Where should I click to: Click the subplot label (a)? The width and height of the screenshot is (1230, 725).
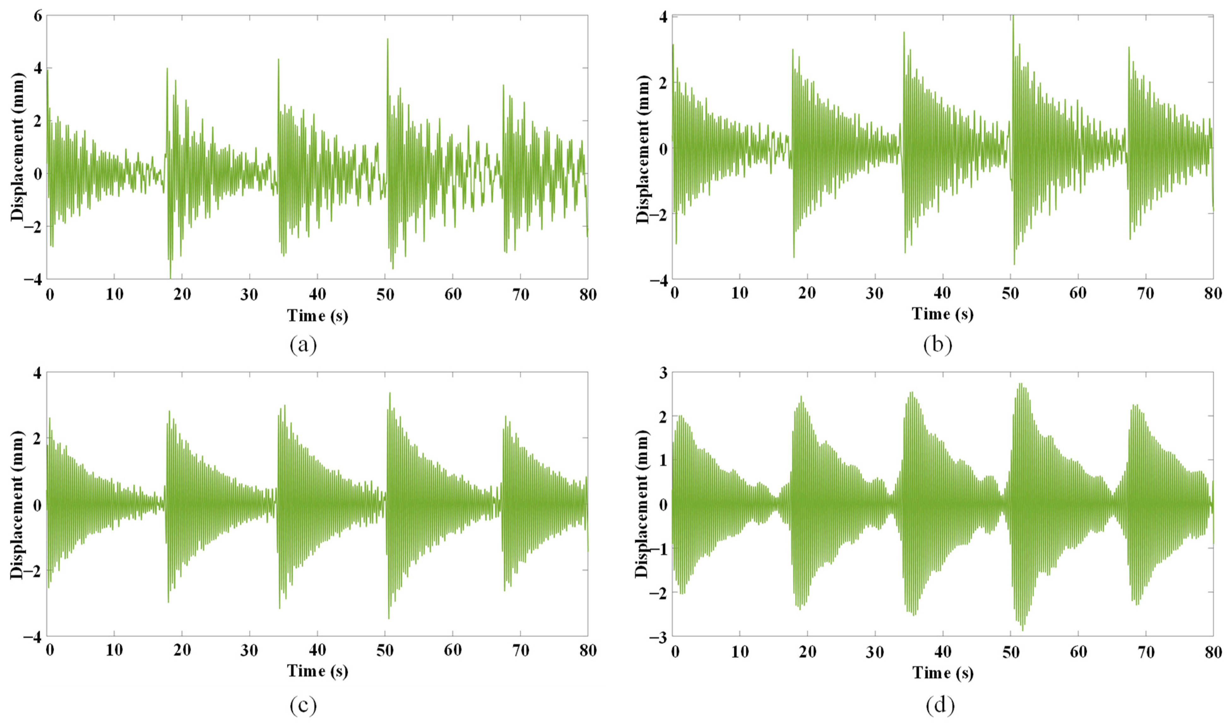click(x=303, y=346)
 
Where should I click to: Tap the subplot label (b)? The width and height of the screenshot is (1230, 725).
click(x=937, y=345)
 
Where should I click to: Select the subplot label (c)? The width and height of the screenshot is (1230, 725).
click(x=303, y=705)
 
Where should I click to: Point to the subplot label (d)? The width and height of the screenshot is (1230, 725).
click(x=940, y=705)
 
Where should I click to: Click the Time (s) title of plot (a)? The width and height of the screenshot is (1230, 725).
click(x=317, y=316)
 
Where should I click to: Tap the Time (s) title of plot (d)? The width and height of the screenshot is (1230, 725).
click(x=943, y=673)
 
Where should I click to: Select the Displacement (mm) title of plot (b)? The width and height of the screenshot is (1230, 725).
click(x=643, y=149)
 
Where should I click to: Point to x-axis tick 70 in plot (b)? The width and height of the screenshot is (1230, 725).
click(x=1145, y=293)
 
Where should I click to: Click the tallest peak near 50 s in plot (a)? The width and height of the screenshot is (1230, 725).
click(x=387, y=39)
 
